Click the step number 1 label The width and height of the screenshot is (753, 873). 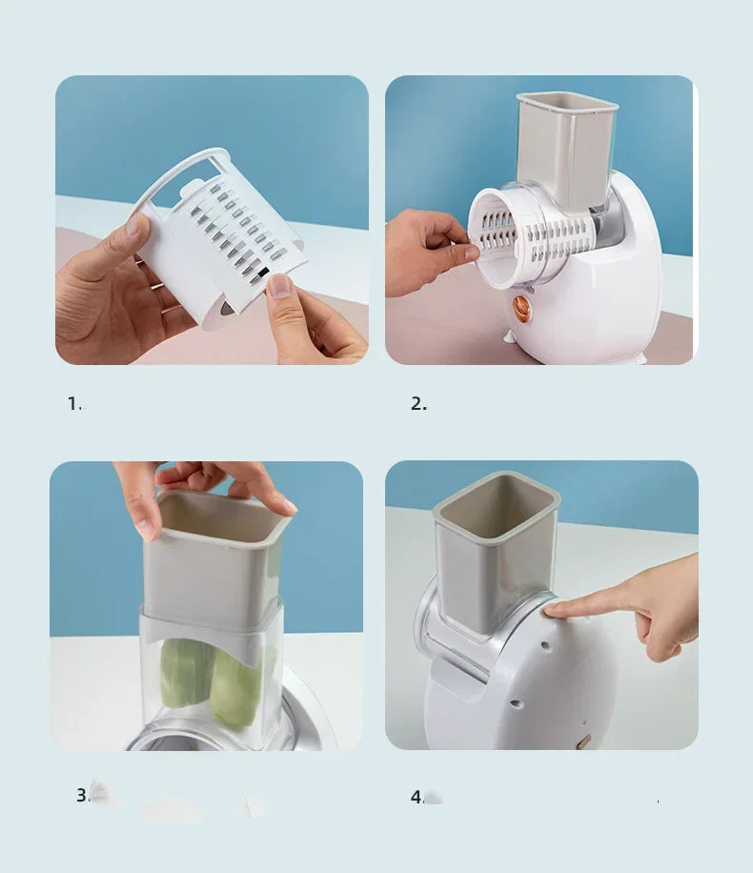(x=74, y=403)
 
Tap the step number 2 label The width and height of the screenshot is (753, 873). (x=418, y=403)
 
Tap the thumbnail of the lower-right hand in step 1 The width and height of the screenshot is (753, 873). (x=278, y=285)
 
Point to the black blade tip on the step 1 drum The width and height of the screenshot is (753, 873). (x=264, y=273)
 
